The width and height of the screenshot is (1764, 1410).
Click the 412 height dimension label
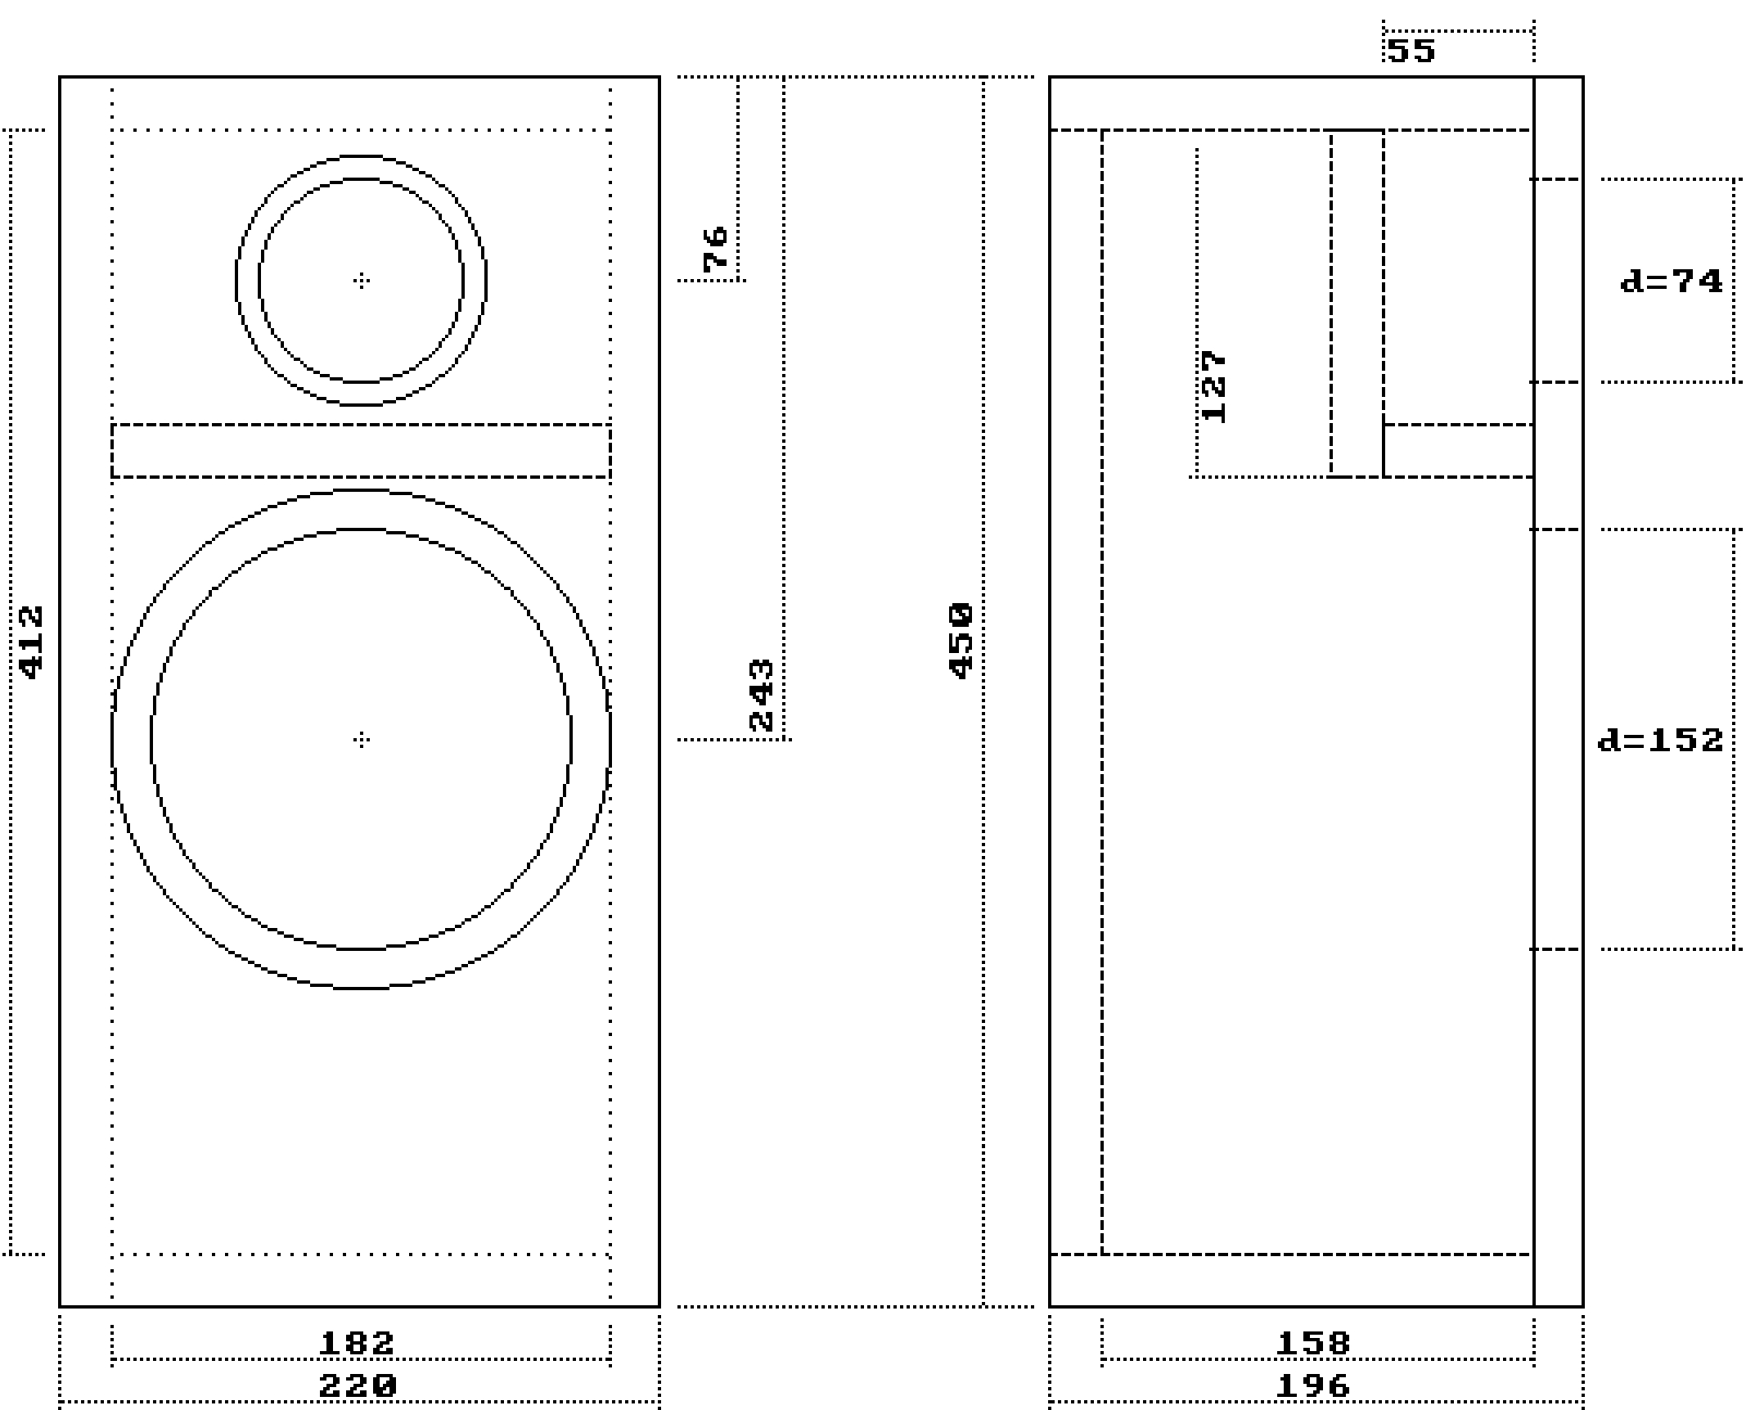(x=30, y=642)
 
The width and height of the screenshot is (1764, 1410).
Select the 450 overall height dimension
(x=961, y=641)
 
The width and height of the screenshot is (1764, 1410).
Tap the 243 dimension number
(x=761, y=695)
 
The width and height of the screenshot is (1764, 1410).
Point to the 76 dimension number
(x=715, y=250)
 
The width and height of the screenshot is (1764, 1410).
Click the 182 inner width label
(x=357, y=1343)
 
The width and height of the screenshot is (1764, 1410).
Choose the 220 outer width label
(x=358, y=1385)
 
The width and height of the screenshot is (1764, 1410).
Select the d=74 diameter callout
(x=1672, y=282)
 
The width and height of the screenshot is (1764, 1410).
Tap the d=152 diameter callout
(x=1661, y=740)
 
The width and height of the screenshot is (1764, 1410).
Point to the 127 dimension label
(x=1214, y=386)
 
